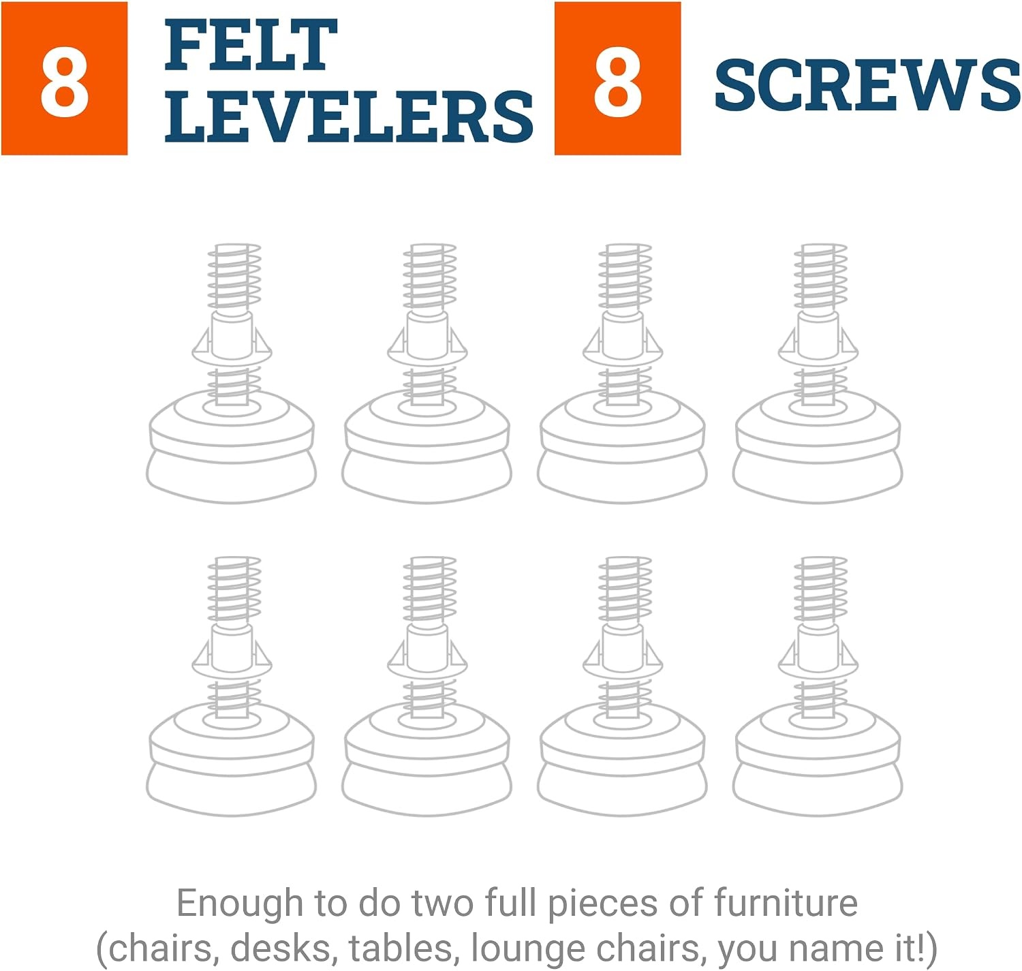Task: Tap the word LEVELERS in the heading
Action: click(349, 116)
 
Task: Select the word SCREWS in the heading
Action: click(867, 84)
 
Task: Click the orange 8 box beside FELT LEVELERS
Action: click(65, 78)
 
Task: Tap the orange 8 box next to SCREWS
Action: click(617, 78)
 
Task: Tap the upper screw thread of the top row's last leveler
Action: click(820, 277)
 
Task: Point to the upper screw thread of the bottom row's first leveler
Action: click(234, 589)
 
